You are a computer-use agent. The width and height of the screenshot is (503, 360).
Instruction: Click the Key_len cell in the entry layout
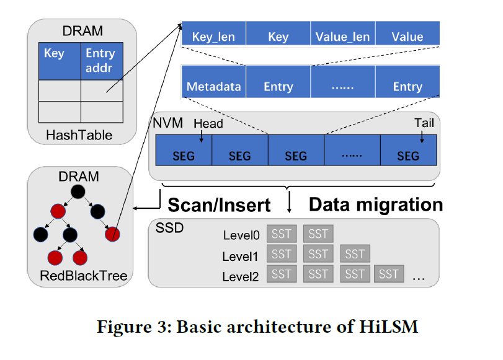213,37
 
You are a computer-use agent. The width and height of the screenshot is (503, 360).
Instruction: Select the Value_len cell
342,37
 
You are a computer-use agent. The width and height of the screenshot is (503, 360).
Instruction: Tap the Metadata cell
213,87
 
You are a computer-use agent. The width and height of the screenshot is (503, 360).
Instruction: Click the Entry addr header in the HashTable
99,61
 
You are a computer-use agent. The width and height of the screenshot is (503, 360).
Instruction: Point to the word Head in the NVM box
208,124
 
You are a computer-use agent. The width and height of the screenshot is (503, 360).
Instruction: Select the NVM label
167,123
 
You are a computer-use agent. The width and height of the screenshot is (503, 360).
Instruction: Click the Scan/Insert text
220,204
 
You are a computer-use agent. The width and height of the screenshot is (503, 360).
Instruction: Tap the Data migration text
376,204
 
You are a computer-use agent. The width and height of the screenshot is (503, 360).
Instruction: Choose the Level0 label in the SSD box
241,235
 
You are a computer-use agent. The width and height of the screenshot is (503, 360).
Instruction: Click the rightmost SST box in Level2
389,273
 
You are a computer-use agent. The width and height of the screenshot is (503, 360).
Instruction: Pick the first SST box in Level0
282,234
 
